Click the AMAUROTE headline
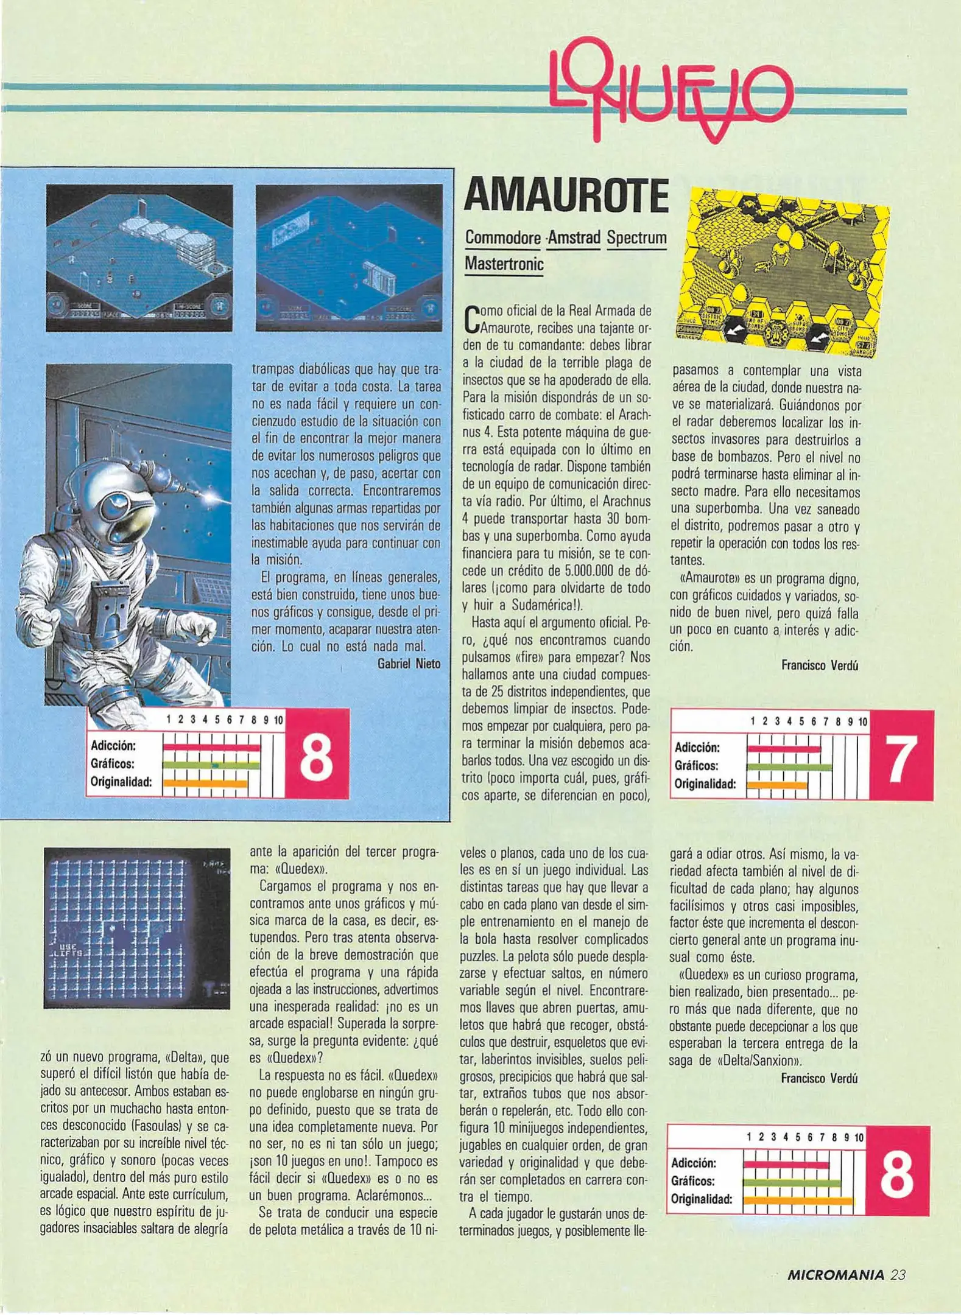tap(566, 196)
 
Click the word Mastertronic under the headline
tap(504, 264)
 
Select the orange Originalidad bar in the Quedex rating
tap(798, 1201)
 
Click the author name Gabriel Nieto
tap(409, 664)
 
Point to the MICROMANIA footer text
tap(835, 1274)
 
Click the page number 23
tap(898, 1274)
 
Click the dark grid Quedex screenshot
tap(137, 928)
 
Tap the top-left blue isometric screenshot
tap(139, 258)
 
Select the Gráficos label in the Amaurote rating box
tap(696, 766)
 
